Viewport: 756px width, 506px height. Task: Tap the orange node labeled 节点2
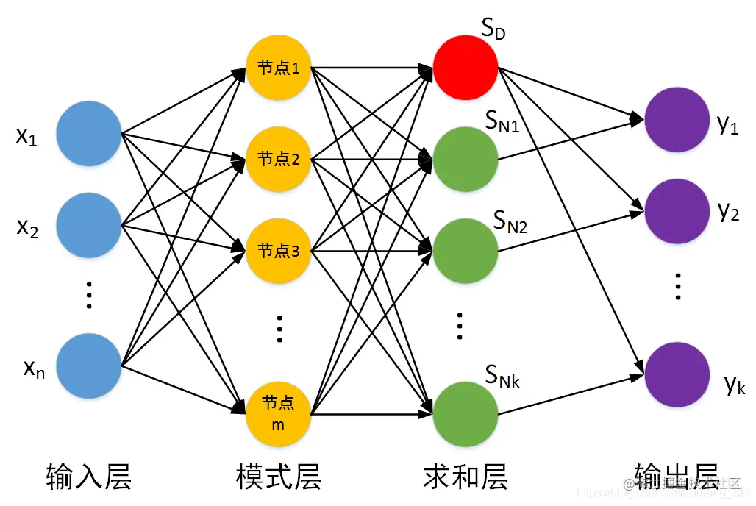(x=278, y=159)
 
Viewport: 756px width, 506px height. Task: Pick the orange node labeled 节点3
(x=278, y=251)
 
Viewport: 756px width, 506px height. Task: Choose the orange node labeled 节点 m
(x=278, y=413)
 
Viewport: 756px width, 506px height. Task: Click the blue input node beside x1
(x=88, y=133)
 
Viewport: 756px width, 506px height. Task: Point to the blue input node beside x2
(x=88, y=226)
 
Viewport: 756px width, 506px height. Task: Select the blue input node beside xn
(x=88, y=366)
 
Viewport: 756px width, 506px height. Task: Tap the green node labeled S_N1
(x=465, y=159)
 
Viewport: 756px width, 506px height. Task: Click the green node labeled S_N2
(x=465, y=251)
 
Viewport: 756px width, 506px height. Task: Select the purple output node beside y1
(x=677, y=119)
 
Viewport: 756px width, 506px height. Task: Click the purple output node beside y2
(x=677, y=212)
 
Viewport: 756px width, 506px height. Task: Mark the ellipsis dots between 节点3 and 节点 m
(x=279, y=329)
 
